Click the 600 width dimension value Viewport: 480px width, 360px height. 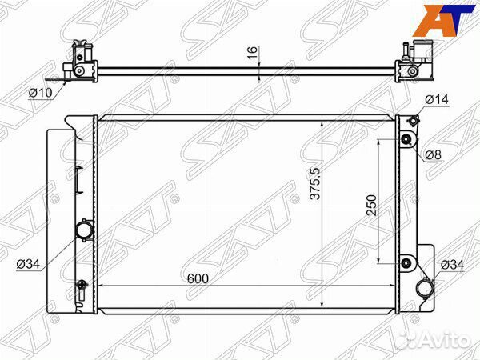tap(198, 278)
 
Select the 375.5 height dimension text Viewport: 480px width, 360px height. tap(315, 184)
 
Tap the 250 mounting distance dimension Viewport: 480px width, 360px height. tap(372, 205)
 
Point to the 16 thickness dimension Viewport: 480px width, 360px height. tap(253, 53)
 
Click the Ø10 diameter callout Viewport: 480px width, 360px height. tap(41, 93)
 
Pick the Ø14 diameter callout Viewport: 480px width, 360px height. tap(437, 99)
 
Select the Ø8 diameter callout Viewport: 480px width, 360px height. tap(433, 155)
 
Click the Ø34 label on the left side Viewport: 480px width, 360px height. tap(28, 263)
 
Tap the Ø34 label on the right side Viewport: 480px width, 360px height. tap(452, 265)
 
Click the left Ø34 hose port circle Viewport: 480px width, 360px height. tap(84, 230)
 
